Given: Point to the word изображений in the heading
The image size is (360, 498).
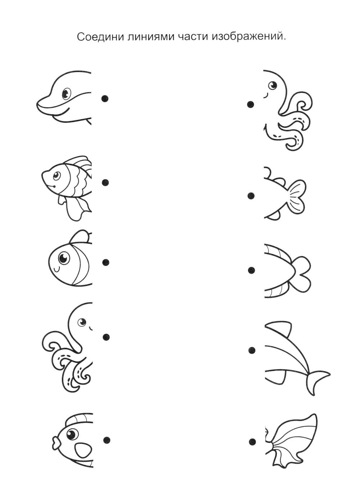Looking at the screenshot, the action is (x=248, y=37).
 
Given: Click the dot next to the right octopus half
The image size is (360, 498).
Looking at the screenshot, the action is (x=251, y=104).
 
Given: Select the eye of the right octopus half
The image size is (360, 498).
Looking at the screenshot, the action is (x=273, y=85).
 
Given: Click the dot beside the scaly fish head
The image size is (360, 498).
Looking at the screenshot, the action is (x=105, y=183).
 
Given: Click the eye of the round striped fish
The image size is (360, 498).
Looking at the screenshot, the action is (x=63, y=258).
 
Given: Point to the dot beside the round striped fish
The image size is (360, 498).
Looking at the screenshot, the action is (x=106, y=262).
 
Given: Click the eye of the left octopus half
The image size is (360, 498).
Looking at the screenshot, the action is (x=82, y=322).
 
